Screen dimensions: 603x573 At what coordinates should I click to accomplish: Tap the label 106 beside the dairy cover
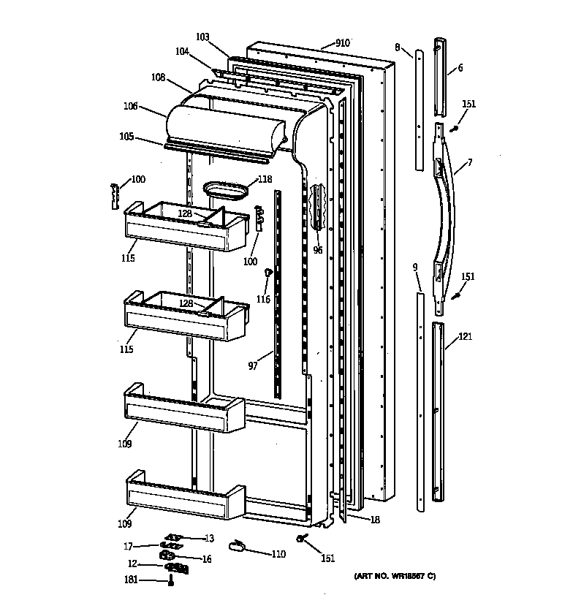tap(130, 106)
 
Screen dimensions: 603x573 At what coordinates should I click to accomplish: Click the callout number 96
tap(317, 250)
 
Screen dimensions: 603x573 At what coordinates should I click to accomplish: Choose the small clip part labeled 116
tap(268, 274)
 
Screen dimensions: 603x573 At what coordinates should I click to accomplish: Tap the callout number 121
tap(465, 337)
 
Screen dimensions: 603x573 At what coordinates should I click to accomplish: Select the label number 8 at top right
tap(397, 48)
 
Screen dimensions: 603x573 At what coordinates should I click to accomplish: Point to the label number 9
tap(414, 268)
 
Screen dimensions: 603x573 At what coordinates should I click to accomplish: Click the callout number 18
tap(374, 520)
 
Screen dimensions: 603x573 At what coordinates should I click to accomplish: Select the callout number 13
tap(209, 539)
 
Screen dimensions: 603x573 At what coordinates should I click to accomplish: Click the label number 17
tap(128, 545)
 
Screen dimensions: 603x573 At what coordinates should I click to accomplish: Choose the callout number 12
tap(132, 564)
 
